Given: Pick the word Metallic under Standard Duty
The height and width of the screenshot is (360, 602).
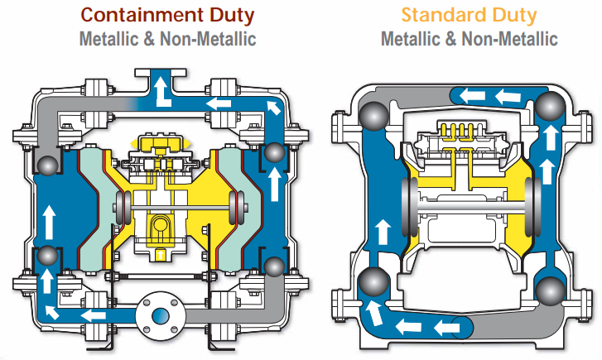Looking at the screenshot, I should [x=415, y=38].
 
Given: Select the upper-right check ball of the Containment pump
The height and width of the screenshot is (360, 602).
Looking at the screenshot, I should [x=274, y=153].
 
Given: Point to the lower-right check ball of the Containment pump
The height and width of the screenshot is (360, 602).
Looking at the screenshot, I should [x=274, y=266].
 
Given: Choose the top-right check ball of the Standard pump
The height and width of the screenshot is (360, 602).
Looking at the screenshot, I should [x=549, y=106].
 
